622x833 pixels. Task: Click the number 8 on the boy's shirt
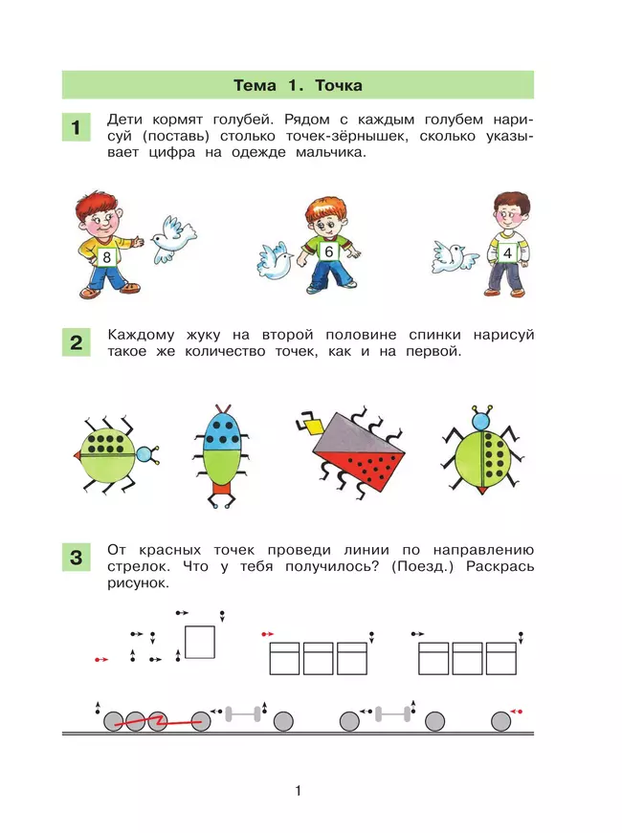pyautogui.click(x=107, y=257)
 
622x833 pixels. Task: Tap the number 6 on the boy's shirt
pyautogui.click(x=328, y=252)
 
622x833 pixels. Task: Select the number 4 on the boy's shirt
pyautogui.click(x=508, y=252)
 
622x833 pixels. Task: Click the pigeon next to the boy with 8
pyautogui.click(x=173, y=240)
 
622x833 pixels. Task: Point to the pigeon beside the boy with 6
pyautogui.click(x=275, y=260)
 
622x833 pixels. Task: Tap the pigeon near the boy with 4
pyautogui.click(x=455, y=257)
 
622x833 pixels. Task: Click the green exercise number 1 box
pyautogui.click(x=76, y=127)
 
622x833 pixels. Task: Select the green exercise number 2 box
pyautogui.click(x=76, y=342)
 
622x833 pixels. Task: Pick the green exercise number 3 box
pyautogui.click(x=76, y=558)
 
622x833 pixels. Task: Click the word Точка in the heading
pyautogui.click(x=339, y=85)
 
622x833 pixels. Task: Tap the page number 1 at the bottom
pyautogui.click(x=299, y=791)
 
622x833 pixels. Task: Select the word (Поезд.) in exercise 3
pyautogui.click(x=422, y=566)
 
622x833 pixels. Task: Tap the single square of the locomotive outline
pyautogui.click(x=200, y=643)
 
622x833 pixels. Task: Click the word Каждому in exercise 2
pyautogui.click(x=141, y=336)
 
